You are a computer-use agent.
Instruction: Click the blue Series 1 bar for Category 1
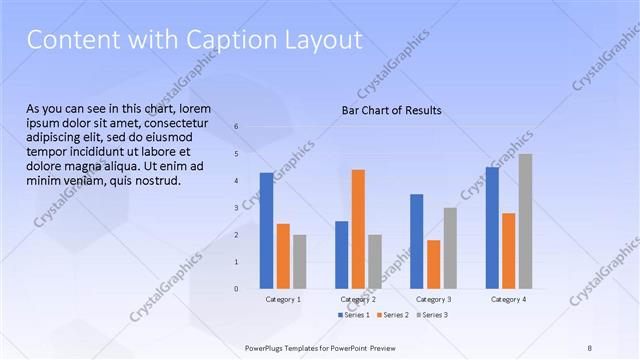tap(266, 231)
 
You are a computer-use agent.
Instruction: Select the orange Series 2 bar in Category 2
tap(358, 229)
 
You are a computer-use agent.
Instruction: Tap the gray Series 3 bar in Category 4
tap(525, 221)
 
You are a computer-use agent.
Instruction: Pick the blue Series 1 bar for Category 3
tap(416, 241)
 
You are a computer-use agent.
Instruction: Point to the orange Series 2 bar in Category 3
tap(433, 264)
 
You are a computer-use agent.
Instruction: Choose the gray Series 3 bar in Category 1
tap(299, 262)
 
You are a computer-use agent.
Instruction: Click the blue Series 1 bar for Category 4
tap(491, 228)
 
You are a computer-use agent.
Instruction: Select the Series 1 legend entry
tap(355, 315)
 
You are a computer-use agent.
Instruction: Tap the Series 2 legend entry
tap(393, 315)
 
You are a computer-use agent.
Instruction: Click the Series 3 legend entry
tap(432, 315)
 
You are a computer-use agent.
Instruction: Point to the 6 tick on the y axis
tap(236, 127)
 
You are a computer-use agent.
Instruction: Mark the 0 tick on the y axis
tap(236, 289)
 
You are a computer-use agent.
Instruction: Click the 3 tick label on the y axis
tap(236, 208)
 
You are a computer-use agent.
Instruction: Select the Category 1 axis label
tap(283, 300)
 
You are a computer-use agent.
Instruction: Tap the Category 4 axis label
tap(508, 300)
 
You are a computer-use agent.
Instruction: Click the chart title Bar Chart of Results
tap(391, 110)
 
